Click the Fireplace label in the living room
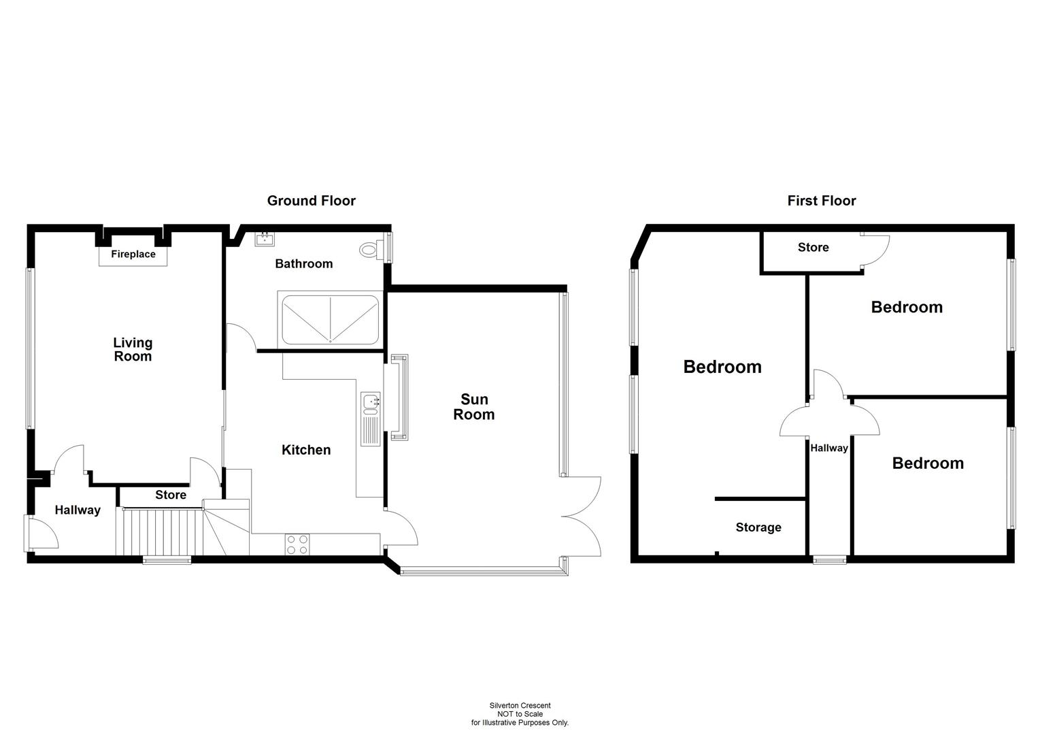coord(133,255)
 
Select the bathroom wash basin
coord(265,239)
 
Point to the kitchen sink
coord(371,403)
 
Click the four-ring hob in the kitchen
coord(297,544)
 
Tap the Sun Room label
coord(474,407)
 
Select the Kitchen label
coord(306,450)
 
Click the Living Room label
coord(133,349)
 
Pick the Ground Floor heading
coord(311,201)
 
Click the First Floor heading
coord(821,201)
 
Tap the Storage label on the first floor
coord(758,527)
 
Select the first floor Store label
coord(813,248)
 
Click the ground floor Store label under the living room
coord(170,495)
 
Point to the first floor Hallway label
coord(828,448)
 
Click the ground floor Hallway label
coord(78,510)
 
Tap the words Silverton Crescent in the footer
coord(520,706)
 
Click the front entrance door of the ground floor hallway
coord(41,533)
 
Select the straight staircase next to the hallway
coord(160,532)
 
